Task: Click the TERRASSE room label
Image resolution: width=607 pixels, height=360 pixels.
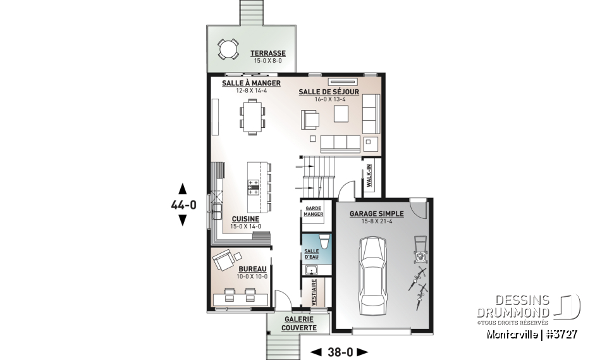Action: (267, 53)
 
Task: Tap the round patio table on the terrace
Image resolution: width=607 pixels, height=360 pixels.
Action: (228, 49)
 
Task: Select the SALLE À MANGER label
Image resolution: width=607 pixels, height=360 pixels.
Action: (251, 84)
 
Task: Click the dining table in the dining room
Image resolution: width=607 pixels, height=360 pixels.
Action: (251, 118)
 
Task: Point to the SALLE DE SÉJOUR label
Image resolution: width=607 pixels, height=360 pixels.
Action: (328, 92)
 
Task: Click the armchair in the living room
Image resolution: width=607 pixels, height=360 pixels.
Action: (310, 120)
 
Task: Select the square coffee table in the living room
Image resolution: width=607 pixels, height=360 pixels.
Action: (341, 113)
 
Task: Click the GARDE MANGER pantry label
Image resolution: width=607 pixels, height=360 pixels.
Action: (314, 211)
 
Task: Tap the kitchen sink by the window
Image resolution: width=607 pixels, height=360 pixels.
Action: (217, 209)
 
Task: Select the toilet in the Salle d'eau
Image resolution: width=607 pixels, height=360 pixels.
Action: (323, 240)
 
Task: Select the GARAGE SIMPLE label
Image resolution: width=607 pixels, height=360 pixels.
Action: (376, 214)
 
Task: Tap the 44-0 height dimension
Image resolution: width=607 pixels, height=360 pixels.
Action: (183, 204)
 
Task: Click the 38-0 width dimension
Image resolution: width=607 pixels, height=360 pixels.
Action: (340, 352)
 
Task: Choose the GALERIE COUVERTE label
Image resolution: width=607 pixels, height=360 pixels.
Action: (298, 324)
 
